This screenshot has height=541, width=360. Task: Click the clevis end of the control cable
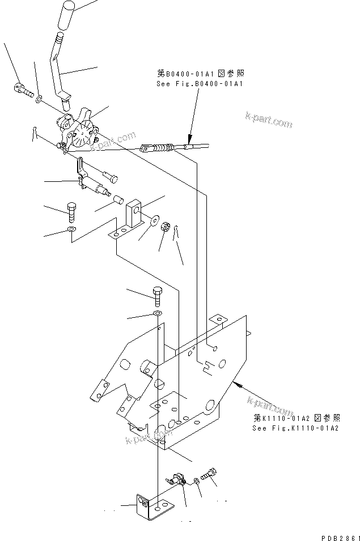point(146,149)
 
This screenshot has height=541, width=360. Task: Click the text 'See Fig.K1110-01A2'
point(295,428)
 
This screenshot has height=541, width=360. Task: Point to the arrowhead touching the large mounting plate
point(243,385)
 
